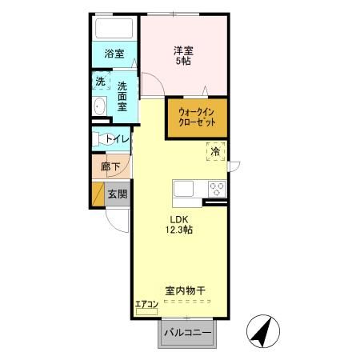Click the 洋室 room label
click(x=184, y=50)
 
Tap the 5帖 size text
click(x=184, y=62)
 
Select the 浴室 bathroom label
click(x=114, y=54)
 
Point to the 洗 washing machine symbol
click(x=101, y=81)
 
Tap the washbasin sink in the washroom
click(x=101, y=108)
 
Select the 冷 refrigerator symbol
click(x=214, y=150)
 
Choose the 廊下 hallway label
click(x=110, y=168)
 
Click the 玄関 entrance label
click(x=117, y=194)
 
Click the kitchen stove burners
click(x=216, y=190)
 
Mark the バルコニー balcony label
click(x=188, y=332)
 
